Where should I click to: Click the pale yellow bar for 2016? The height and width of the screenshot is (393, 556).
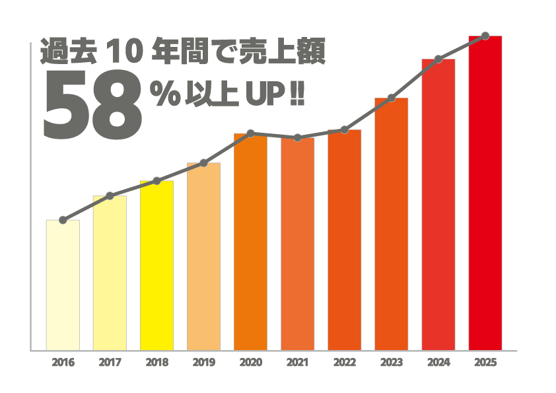(63, 285)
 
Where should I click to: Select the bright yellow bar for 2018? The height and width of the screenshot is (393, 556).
(156, 265)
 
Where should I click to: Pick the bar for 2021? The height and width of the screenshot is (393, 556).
(298, 244)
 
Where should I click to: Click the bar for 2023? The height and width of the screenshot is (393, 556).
(392, 224)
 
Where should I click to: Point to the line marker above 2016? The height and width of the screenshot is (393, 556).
(63, 220)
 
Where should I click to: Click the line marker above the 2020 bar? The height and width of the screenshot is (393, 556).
(251, 133)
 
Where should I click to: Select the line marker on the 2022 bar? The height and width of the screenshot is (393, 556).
(345, 130)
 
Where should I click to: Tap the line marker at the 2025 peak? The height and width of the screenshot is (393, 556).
(485, 36)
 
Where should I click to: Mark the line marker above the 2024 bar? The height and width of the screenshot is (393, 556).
(438, 59)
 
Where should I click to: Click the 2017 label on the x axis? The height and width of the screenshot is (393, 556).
(110, 363)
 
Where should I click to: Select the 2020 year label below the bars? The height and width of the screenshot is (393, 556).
(251, 363)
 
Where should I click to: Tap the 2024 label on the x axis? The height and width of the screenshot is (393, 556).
(438, 363)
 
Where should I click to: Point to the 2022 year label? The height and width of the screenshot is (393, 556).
(345, 363)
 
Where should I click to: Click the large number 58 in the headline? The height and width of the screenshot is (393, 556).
(92, 107)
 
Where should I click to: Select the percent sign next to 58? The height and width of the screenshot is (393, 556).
(161, 94)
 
